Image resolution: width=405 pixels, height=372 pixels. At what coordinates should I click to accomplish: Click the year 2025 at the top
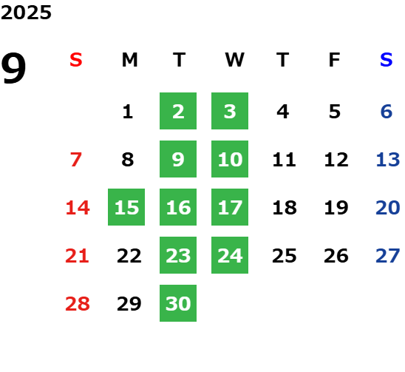pyautogui.click(x=26, y=13)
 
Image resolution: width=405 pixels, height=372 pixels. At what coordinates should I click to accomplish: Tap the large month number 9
pyautogui.click(x=13, y=67)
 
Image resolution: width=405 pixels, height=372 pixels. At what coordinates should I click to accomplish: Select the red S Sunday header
pyautogui.click(x=76, y=60)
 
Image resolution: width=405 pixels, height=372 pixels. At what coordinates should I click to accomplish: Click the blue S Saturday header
pyautogui.click(x=387, y=60)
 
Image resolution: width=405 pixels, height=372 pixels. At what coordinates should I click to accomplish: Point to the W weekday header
pyautogui.click(x=234, y=60)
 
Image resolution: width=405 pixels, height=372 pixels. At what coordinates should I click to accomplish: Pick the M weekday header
pyautogui.click(x=129, y=60)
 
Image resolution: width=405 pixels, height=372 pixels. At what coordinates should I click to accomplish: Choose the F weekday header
pyautogui.click(x=335, y=60)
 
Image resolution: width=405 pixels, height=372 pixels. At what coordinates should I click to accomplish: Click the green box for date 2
pyautogui.click(x=178, y=111)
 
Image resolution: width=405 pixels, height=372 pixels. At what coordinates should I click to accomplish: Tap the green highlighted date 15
pyautogui.click(x=126, y=207)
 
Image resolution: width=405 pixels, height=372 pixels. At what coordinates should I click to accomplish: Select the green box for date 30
pyautogui.click(x=178, y=303)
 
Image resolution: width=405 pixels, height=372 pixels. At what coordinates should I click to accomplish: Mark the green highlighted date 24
pyautogui.click(x=230, y=255)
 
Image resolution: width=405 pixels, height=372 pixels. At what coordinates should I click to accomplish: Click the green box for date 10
pyautogui.click(x=230, y=159)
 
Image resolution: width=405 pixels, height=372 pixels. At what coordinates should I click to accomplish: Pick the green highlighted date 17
pyautogui.click(x=230, y=207)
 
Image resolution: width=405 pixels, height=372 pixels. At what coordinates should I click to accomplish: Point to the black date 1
pyautogui.click(x=128, y=112)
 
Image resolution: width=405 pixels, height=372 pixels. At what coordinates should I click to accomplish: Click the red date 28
pyautogui.click(x=78, y=304)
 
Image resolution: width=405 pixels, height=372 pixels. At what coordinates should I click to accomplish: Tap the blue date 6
pyautogui.click(x=387, y=112)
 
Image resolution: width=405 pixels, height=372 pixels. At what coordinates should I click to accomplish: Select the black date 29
pyautogui.click(x=129, y=304)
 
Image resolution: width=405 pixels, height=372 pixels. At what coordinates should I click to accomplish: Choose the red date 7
pyautogui.click(x=76, y=160)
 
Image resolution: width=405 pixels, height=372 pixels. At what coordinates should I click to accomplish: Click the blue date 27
pyautogui.click(x=388, y=256)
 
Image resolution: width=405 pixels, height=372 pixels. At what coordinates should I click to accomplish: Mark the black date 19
pyautogui.click(x=336, y=208)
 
